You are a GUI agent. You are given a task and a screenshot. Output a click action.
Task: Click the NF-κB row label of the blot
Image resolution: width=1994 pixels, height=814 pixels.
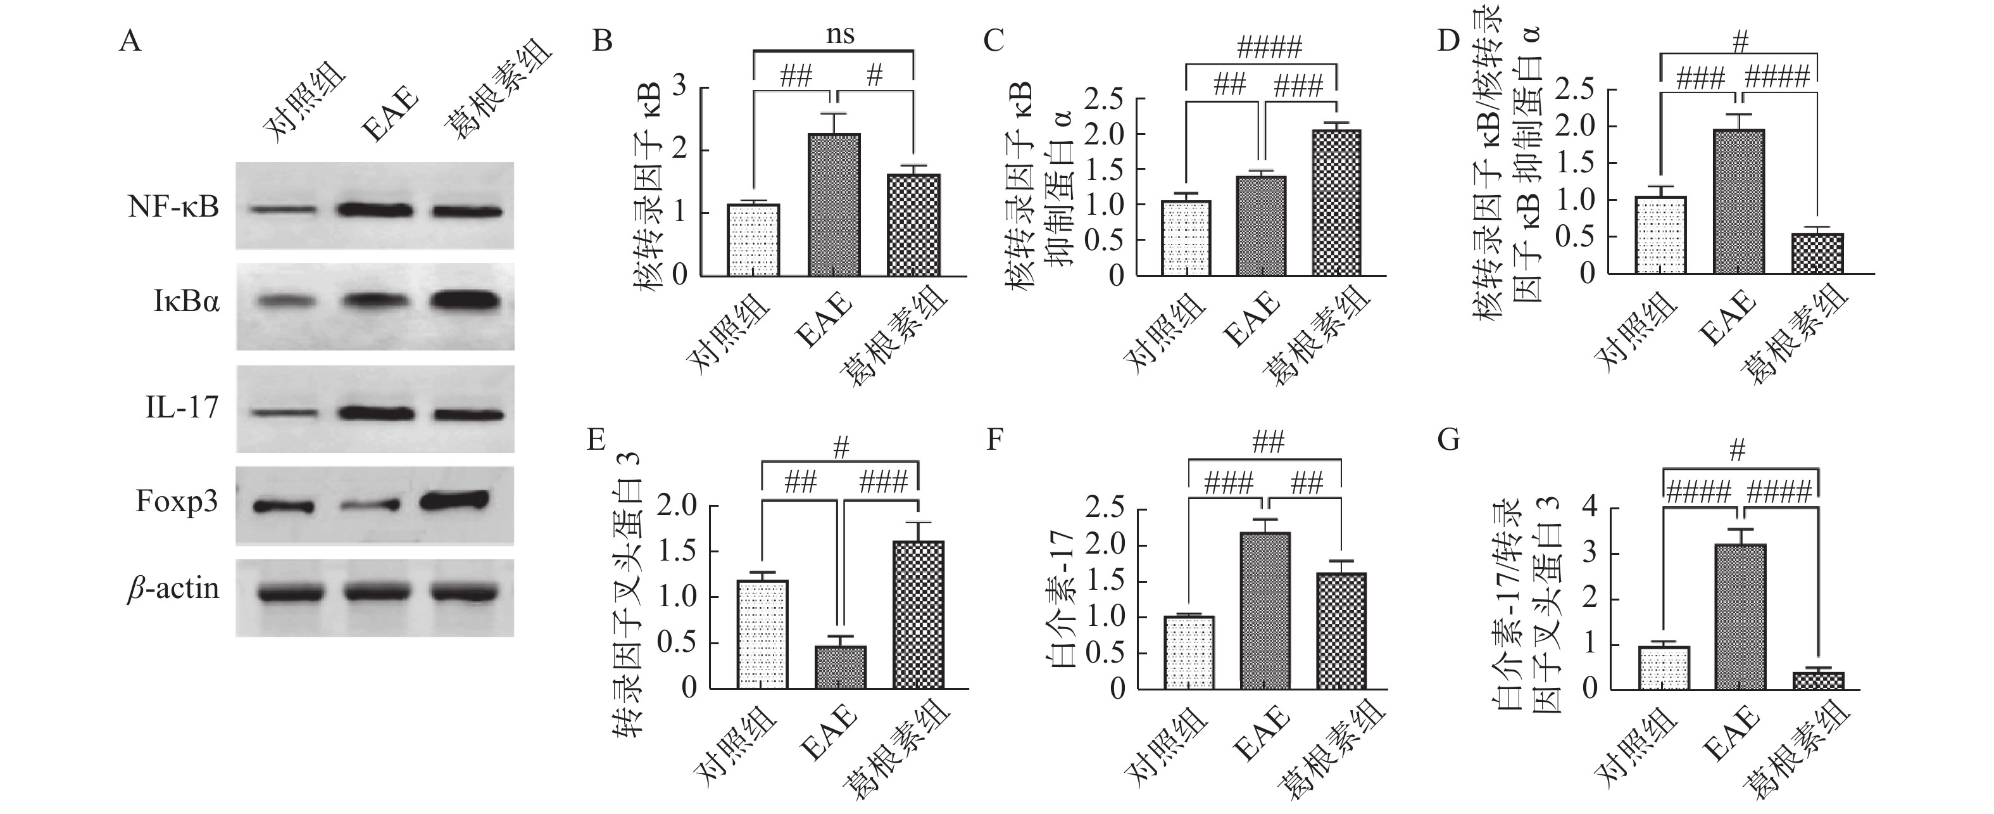[173, 208]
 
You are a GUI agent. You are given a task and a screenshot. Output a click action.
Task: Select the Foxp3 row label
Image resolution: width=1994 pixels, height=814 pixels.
[177, 502]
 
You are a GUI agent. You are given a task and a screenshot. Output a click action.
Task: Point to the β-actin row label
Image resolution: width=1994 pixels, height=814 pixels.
[173, 589]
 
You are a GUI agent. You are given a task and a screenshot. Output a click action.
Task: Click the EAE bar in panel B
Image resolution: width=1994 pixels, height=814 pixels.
[834, 205]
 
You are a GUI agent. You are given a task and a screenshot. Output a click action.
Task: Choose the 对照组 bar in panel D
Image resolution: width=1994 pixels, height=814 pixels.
[1661, 234]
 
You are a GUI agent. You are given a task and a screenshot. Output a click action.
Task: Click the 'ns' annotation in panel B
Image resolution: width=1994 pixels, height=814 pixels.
[841, 35]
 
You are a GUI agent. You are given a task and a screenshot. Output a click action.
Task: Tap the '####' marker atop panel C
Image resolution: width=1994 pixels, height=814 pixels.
[1269, 48]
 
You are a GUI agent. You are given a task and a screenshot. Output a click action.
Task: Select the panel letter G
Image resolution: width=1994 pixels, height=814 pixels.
[1448, 440]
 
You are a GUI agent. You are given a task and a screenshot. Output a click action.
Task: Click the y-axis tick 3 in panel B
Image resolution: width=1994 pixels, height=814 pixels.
[680, 87]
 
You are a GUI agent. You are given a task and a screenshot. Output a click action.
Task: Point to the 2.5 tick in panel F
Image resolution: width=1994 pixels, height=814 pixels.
[1105, 510]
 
